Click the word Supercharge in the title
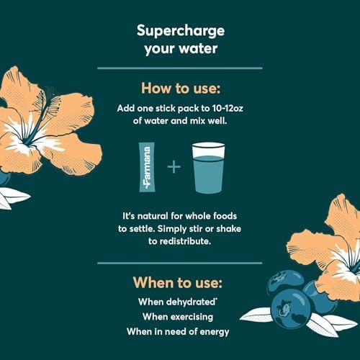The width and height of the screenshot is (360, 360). coord(181,32)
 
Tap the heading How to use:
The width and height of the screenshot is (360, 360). coord(181,89)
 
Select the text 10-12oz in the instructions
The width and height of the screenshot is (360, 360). coord(228,109)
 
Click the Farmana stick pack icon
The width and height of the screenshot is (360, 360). coord(147,167)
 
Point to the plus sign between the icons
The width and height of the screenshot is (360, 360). coord(174,166)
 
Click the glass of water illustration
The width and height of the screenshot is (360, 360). coord(208,168)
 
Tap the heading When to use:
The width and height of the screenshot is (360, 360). coord(178,282)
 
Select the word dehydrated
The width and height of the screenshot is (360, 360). coord(191,302)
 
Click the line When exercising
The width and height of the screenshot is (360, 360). coord(178,317)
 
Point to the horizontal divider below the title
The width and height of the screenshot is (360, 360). coord(180,68)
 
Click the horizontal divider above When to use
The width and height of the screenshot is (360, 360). coord(180,264)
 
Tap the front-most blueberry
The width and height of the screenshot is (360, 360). coord(290,309)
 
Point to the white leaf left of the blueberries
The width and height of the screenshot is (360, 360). coord(257,315)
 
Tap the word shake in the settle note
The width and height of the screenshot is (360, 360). coord(228,229)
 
